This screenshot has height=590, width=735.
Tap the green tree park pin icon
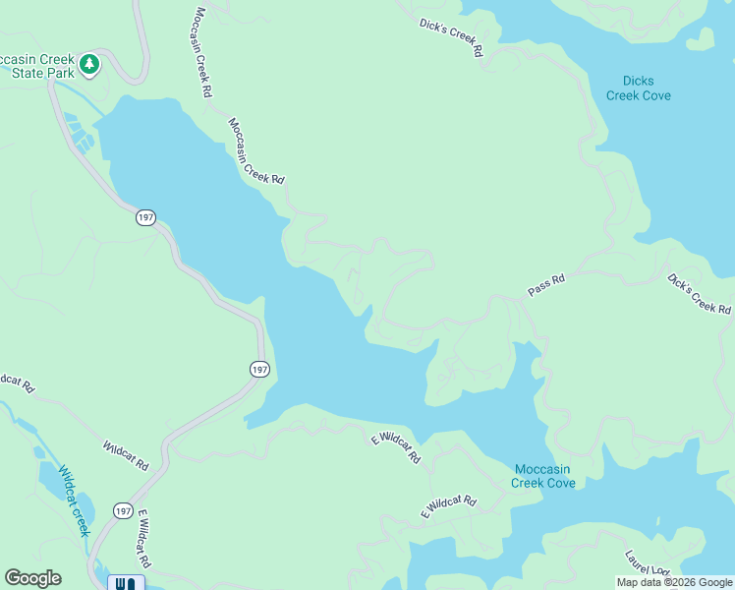point(90,64)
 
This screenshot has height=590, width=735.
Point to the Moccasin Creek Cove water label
point(543,476)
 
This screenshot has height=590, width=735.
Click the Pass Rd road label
point(546,286)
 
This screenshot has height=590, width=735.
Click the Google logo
point(32,578)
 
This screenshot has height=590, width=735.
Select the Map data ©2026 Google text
point(674,582)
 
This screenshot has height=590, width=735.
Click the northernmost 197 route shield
point(145,217)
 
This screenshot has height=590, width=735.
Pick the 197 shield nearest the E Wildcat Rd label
point(123,510)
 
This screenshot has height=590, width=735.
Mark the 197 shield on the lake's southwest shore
point(258,369)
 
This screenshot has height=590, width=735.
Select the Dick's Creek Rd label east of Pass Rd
point(699,295)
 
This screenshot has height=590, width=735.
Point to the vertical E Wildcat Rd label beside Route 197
point(142,538)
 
